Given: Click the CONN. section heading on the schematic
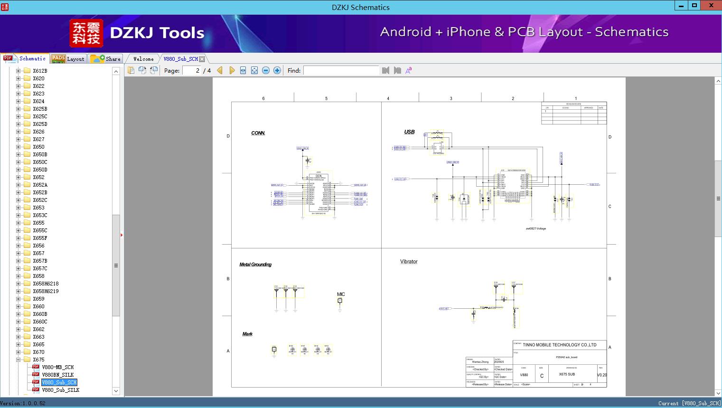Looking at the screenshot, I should click(258, 133).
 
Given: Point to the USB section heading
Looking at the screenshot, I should click(409, 132).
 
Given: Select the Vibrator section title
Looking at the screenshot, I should click(409, 262).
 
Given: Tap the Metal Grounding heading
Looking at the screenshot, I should click(255, 265).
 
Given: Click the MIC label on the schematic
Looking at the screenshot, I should click(341, 294).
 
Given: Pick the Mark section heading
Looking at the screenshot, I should click(247, 334).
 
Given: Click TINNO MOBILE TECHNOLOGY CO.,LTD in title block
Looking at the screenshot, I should click(559, 345).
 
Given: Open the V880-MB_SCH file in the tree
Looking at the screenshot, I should click(57, 367).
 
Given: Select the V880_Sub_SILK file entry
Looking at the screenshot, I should click(60, 390).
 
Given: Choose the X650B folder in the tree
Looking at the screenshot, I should click(40, 154).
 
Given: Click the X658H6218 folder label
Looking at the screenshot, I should click(46, 284).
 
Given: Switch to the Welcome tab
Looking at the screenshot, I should click(143, 59).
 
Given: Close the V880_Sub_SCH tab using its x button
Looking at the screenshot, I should click(202, 59).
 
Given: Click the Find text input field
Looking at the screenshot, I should click(341, 70).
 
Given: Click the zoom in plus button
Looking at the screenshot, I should click(277, 70).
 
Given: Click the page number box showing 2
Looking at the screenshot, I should click(192, 70).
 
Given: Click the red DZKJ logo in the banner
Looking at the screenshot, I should click(86, 33).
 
